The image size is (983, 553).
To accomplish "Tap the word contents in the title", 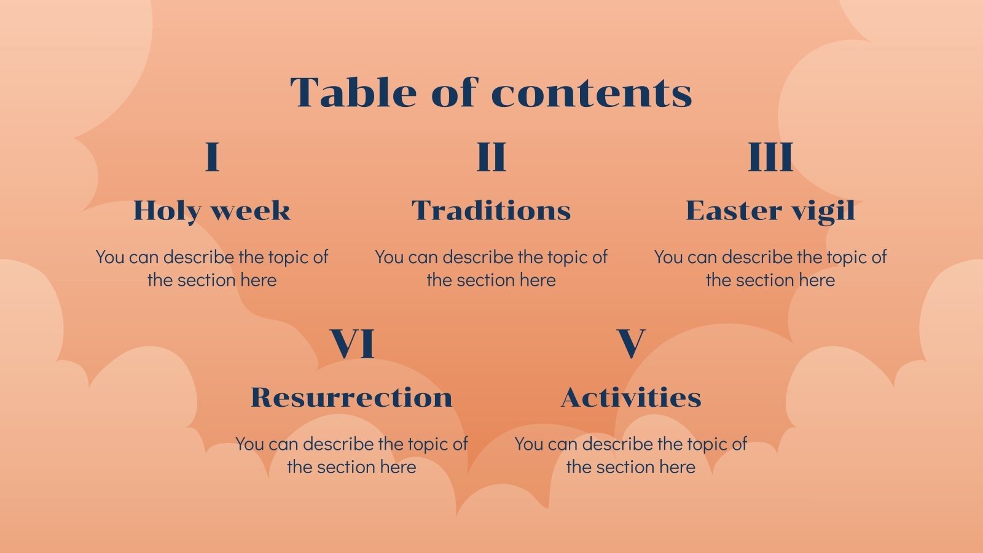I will [592, 94].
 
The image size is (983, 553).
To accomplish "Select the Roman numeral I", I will [212, 157].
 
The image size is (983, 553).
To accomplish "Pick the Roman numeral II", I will [491, 157].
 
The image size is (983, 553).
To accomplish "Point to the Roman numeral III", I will [770, 157].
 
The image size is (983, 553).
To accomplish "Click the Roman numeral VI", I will [352, 344].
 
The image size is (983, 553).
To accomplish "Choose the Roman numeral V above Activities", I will [631, 344].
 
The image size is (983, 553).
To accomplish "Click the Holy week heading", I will [212, 211].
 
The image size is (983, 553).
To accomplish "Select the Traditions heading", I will [491, 211].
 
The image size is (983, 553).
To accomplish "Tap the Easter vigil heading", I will [770, 211].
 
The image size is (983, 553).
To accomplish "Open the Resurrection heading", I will [352, 398].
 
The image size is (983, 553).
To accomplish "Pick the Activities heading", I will [631, 398].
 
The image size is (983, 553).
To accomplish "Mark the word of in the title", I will [454, 93].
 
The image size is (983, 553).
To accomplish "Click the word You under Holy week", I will [111, 257].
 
